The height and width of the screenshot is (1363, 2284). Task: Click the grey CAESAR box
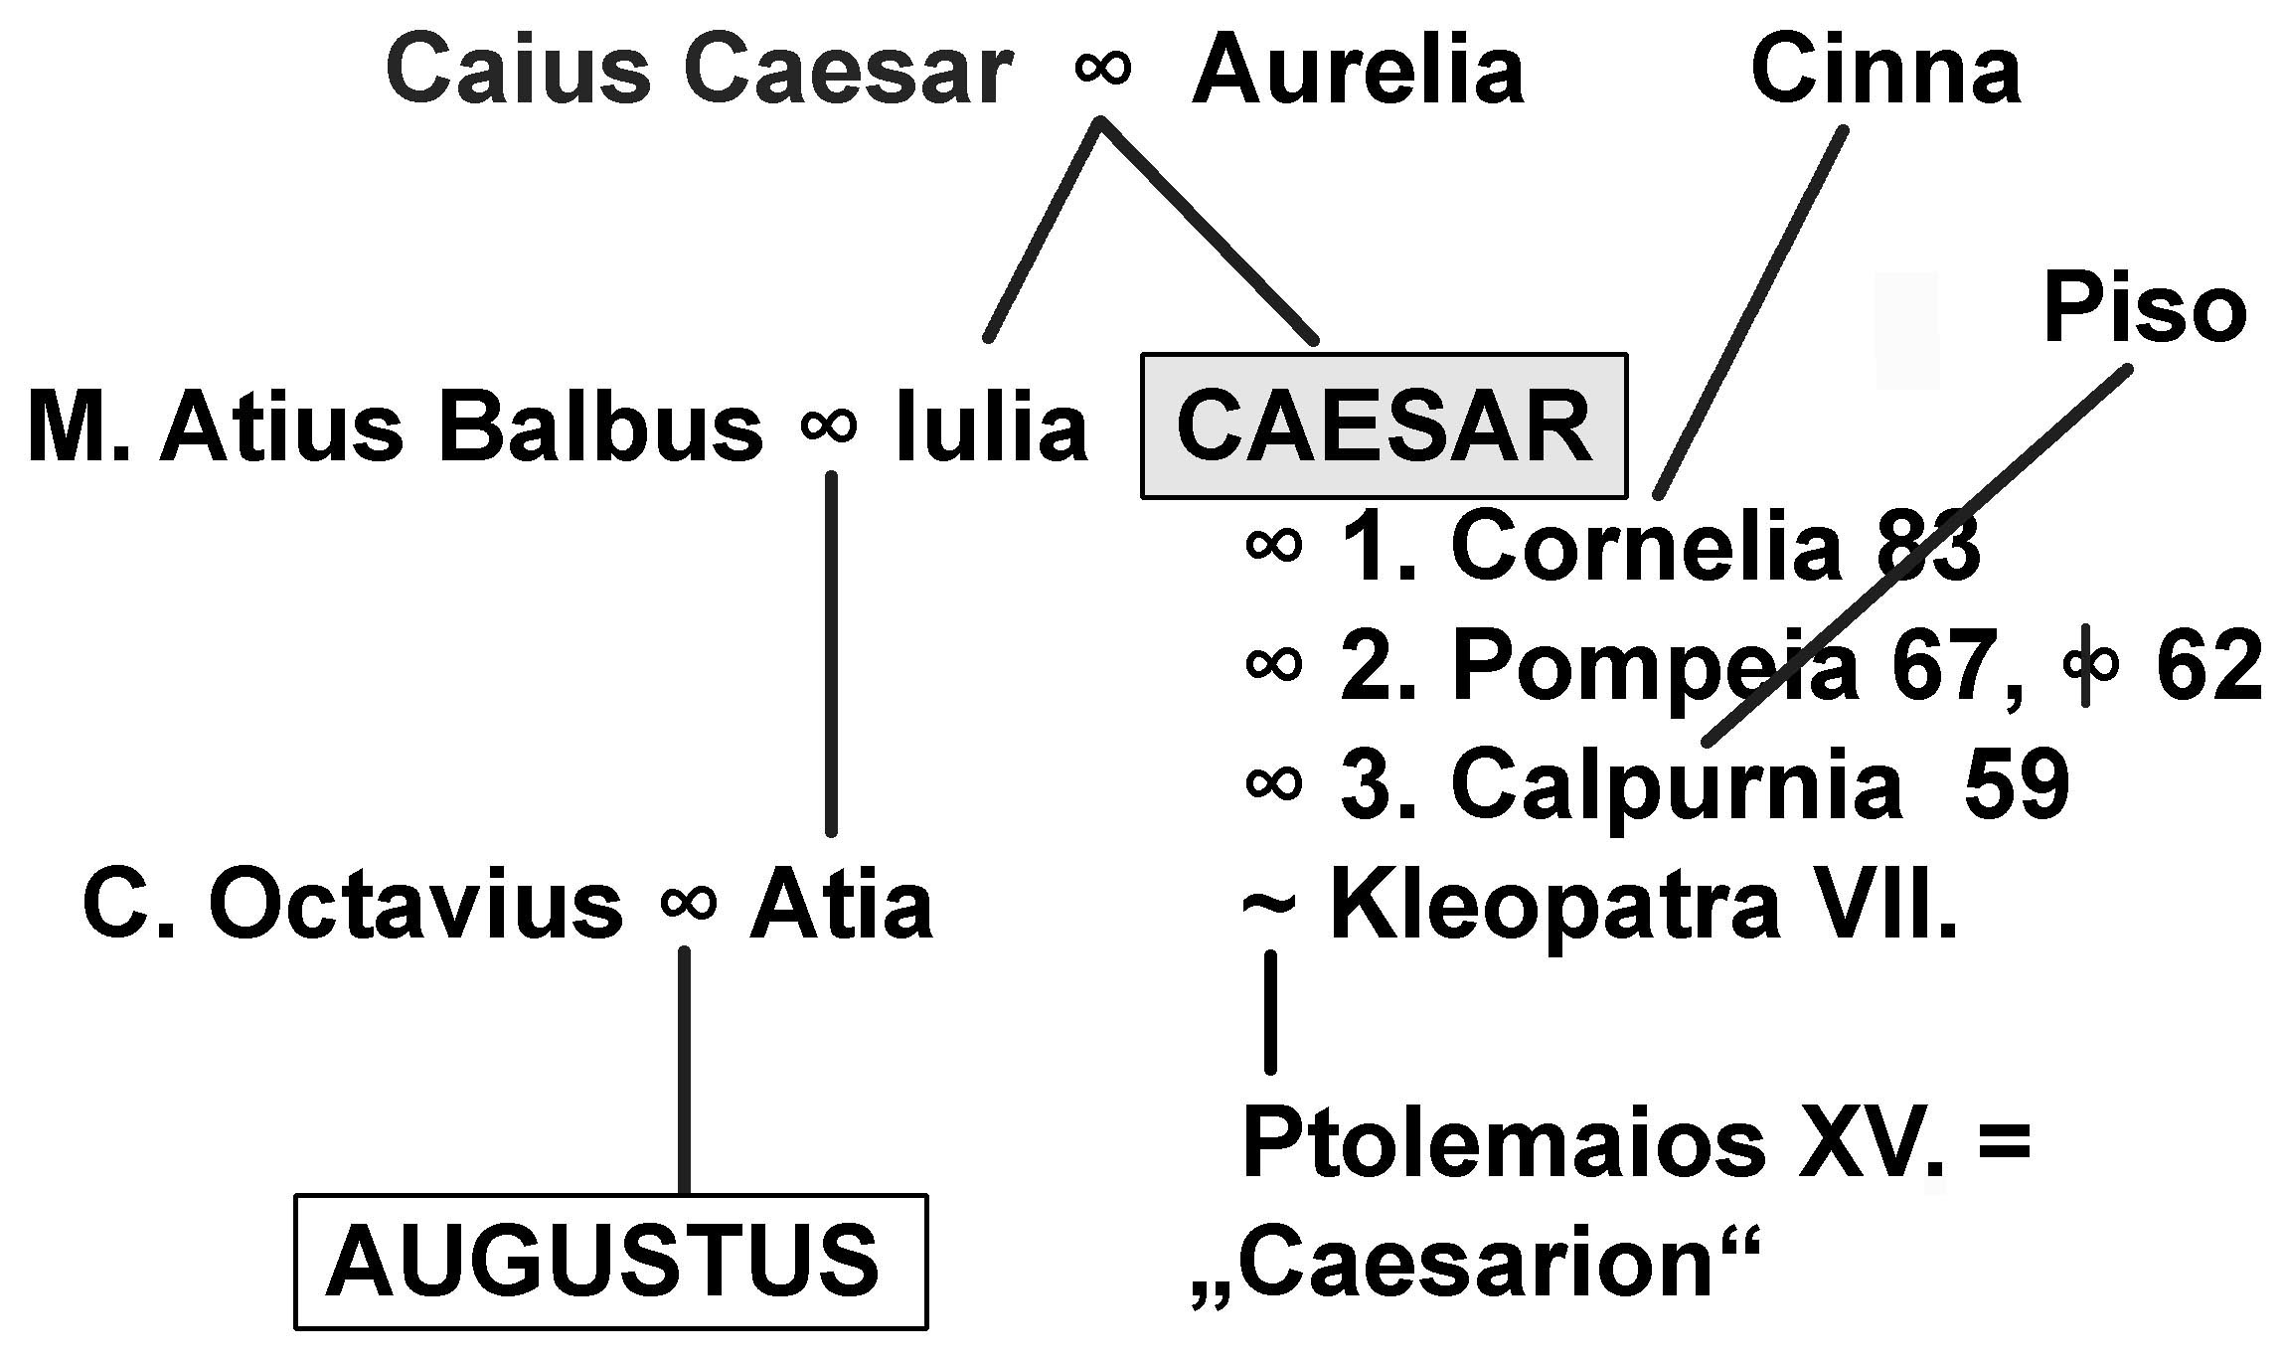(1384, 426)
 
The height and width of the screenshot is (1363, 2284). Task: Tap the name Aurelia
(1358, 71)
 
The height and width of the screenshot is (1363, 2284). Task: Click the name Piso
(2144, 310)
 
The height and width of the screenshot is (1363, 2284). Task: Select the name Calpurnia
(1676, 785)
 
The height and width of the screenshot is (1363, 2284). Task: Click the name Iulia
(991, 428)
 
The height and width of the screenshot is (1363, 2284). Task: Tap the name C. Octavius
(352, 906)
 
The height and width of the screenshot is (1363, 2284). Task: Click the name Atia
(841, 906)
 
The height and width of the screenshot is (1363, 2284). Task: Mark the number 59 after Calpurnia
(2016, 785)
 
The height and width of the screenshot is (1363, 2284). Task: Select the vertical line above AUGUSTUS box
(684, 1069)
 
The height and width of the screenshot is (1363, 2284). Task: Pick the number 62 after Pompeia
(2208, 665)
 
